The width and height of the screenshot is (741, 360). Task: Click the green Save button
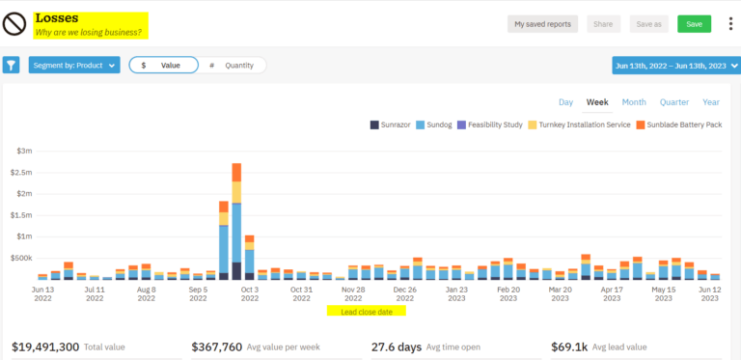(x=694, y=24)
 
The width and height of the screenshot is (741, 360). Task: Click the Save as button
(x=649, y=24)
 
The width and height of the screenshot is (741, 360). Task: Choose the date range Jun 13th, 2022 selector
(x=672, y=65)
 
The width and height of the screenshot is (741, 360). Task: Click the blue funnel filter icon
(x=11, y=65)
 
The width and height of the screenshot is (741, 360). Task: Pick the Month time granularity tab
(x=633, y=101)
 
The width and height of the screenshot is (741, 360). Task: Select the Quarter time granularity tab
(x=673, y=101)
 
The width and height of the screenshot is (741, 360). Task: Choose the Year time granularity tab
(x=711, y=101)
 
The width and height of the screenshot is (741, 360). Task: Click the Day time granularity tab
(x=565, y=101)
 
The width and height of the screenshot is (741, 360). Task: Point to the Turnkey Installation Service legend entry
(x=585, y=125)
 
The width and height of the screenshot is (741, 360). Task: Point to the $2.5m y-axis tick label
(x=23, y=172)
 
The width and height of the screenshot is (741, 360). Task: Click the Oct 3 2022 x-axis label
(x=249, y=293)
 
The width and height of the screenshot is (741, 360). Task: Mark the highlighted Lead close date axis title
(x=367, y=312)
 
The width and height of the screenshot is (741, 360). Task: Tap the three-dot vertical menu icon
(x=729, y=24)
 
